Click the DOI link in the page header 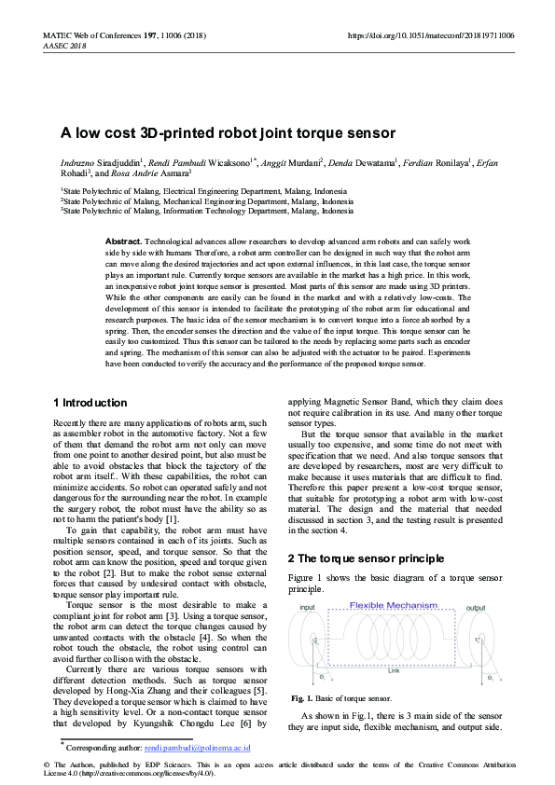(x=430, y=35)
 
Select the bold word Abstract (x=123, y=241)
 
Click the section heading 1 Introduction (x=90, y=403)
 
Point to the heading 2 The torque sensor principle (x=365, y=558)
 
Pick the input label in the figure (x=307, y=608)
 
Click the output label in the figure (x=476, y=608)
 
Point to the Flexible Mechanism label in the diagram (x=393, y=606)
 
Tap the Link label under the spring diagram (x=394, y=669)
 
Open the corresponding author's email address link (x=197, y=747)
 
